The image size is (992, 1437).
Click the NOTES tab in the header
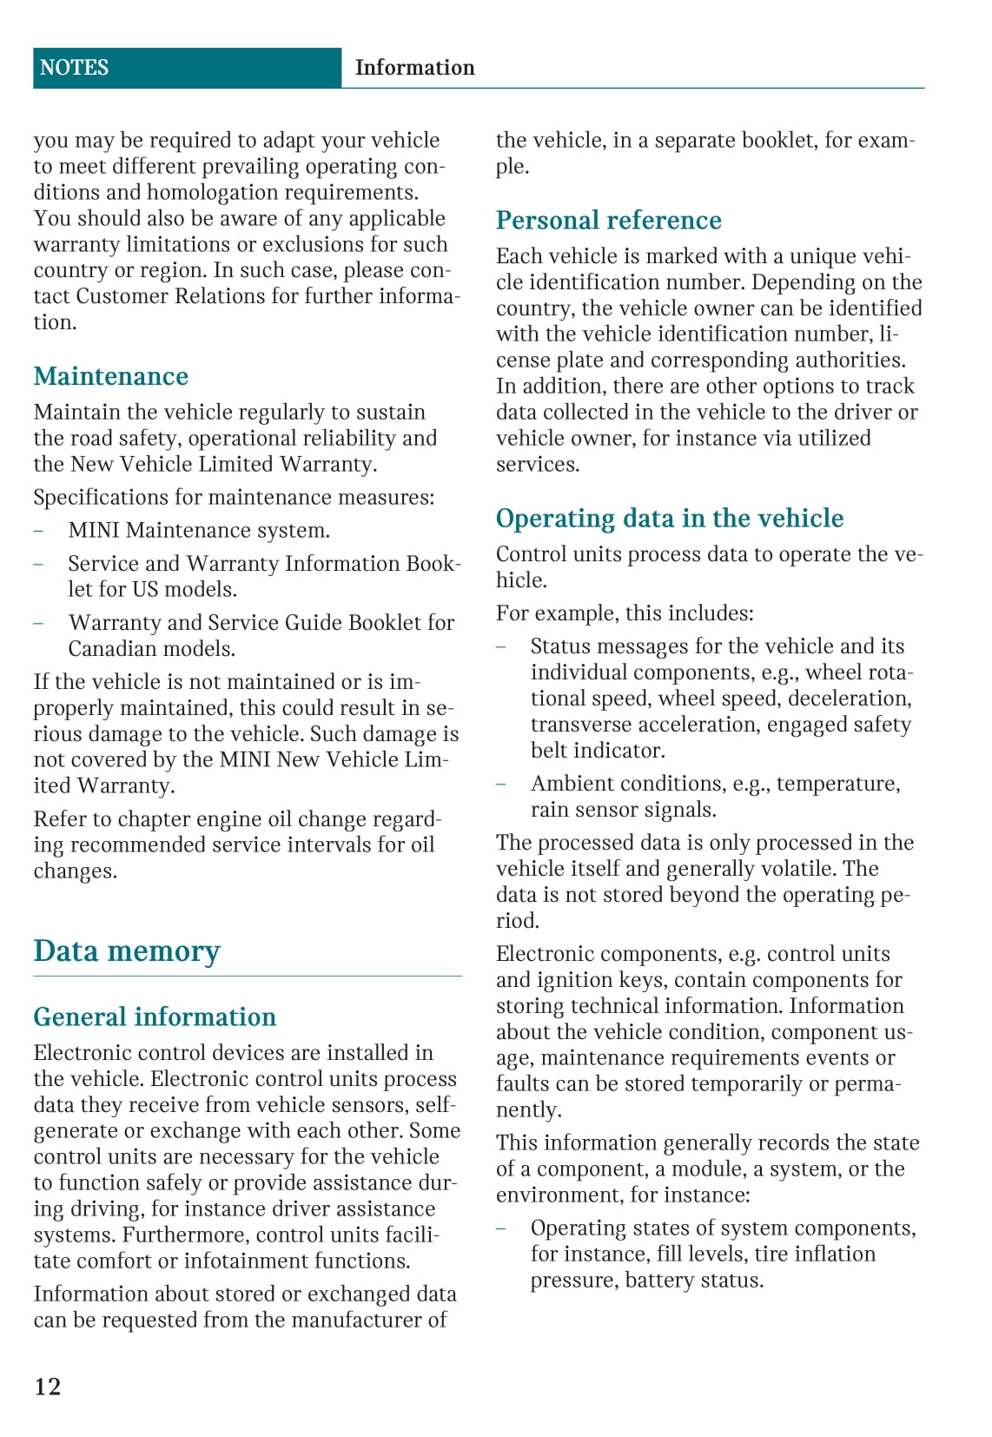74,68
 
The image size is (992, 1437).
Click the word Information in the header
414,68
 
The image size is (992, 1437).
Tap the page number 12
48,1386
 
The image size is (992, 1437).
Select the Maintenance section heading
110,376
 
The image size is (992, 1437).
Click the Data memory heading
127,950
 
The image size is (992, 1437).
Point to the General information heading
155,1016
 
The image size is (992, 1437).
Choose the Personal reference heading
608,221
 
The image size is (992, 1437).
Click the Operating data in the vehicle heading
669,519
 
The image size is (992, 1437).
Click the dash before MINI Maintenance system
38,531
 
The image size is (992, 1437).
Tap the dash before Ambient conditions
500,784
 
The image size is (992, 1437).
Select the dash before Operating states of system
500,1228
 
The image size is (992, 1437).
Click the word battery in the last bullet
656,1281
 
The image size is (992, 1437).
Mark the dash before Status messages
500,646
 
